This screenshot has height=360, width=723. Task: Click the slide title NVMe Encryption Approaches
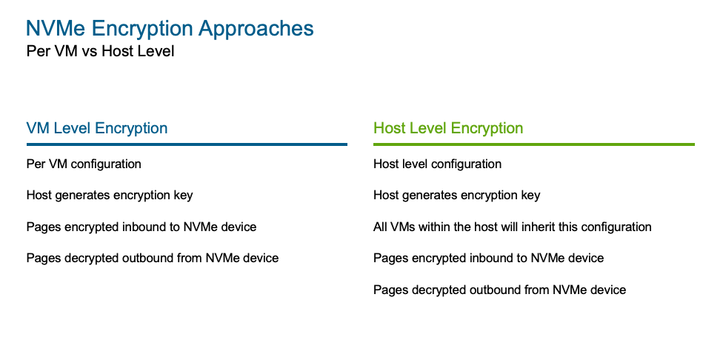[170, 29]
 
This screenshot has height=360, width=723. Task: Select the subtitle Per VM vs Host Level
[100, 52]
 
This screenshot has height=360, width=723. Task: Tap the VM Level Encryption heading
[97, 128]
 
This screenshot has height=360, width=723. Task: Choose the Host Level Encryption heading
[448, 128]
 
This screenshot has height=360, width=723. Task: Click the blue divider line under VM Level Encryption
[187, 144]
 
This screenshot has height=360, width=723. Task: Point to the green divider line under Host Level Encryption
[533, 144]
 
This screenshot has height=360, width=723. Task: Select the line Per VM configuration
[84, 164]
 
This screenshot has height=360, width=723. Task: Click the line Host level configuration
[437, 164]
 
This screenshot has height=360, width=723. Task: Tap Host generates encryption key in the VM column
[110, 196]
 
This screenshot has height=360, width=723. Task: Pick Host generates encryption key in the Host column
[456, 196]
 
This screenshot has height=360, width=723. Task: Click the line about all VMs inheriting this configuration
[512, 227]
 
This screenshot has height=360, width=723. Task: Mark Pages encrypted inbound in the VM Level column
[141, 227]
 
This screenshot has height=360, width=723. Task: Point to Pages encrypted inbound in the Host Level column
[488, 259]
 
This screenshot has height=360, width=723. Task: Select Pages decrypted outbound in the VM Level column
[152, 259]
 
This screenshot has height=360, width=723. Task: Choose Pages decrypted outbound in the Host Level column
[499, 290]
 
